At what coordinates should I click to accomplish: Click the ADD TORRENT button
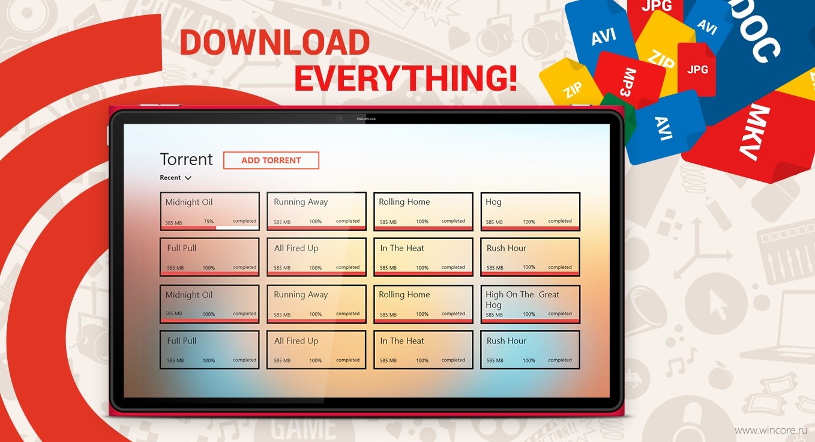click(x=271, y=160)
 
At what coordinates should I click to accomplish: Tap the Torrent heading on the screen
click(x=186, y=159)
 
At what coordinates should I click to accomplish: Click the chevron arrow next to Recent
click(x=188, y=178)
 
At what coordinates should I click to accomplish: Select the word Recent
click(x=170, y=177)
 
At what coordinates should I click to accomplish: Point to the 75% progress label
click(x=208, y=222)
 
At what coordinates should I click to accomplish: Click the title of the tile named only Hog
click(x=494, y=202)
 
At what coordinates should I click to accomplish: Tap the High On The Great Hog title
click(x=522, y=299)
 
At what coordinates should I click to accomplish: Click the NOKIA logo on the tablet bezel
click(x=366, y=119)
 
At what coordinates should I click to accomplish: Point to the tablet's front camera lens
click(x=339, y=118)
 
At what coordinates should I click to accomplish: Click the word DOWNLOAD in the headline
click(x=275, y=43)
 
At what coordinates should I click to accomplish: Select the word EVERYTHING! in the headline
click(x=406, y=78)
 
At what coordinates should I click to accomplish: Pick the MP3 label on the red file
click(x=628, y=82)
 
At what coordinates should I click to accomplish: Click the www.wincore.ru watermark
click(x=771, y=431)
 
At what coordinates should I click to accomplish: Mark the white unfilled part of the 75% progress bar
click(x=237, y=228)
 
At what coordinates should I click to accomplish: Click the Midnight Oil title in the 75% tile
click(x=189, y=202)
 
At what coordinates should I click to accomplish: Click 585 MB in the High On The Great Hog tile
click(x=495, y=315)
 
